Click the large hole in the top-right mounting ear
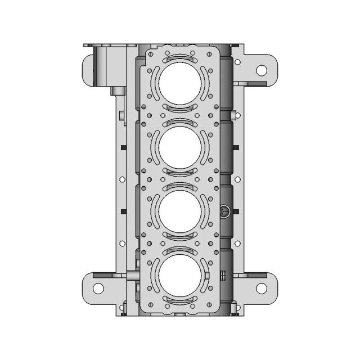[262, 70]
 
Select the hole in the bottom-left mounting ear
[98, 288]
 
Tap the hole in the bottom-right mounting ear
[262, 288]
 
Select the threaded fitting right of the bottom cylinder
[223, 276]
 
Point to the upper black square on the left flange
[122, 148]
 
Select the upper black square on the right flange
[237, 148]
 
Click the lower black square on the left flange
[122, 211]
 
